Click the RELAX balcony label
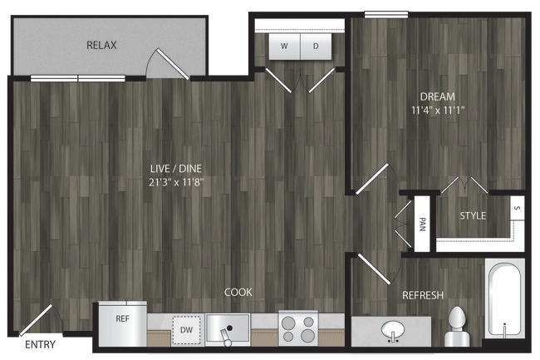point(101,45)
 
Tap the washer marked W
point(284,47)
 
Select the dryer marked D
point(317,47)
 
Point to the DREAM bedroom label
point(437,96)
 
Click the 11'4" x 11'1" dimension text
point(438,111)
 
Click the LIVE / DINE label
point(176,169)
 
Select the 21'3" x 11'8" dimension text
point(176,182)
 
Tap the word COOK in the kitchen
point(238,292)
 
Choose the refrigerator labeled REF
point(123,323)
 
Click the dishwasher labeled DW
point(186,330)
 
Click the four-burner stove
point(298,328)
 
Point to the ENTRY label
point(41,344)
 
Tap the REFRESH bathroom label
point(423,295)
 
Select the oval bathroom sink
point(393,330)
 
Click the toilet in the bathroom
point(457,327)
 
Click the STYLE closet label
point(473,216)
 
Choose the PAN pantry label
point(422,224)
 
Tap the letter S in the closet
point(517,208)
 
